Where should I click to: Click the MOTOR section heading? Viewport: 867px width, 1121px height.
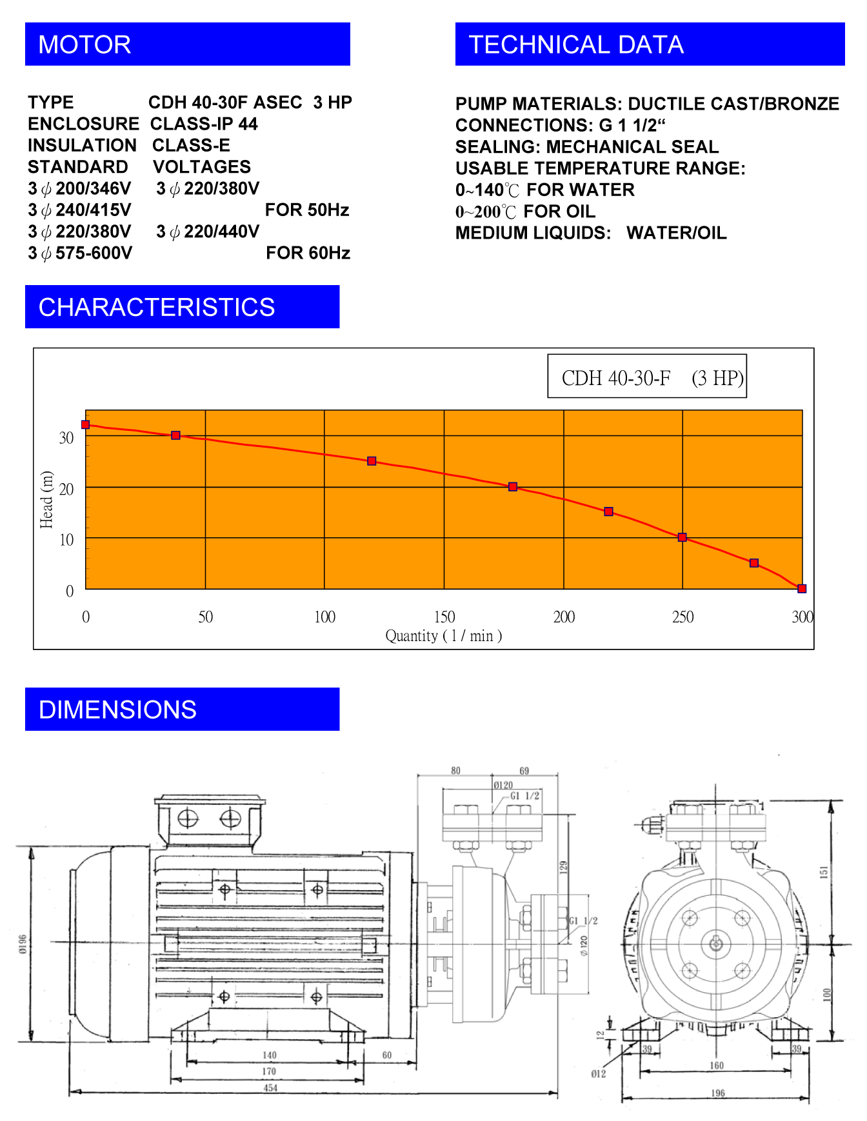pos(187,45)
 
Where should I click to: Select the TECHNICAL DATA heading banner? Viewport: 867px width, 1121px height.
pos(650,45)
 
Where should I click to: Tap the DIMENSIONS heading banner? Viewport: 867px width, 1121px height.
pos(182,709)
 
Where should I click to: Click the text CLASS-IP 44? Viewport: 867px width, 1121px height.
pos(204,124)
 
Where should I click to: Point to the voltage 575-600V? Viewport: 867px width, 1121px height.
pos(94,253)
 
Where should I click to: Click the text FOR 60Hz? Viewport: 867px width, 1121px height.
pos(308,253)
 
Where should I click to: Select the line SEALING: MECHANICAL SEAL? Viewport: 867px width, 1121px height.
pos(587,147)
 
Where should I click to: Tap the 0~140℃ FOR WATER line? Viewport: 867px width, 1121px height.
pos(545,190)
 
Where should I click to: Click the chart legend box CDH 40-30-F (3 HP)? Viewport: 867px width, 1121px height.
pos(647,376)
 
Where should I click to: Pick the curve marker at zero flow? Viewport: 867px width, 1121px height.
pos(86,424)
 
